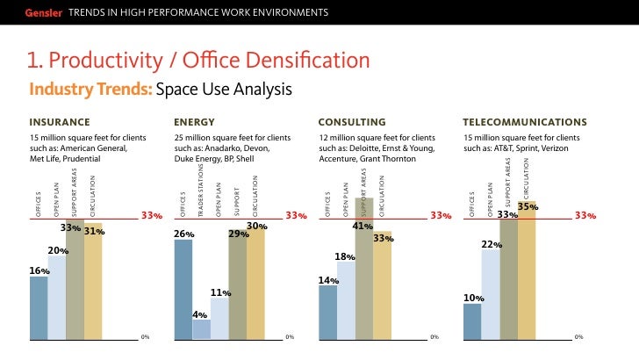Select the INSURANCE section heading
(60, 121)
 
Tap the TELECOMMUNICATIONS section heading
(525, 121)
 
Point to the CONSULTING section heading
(351, 121)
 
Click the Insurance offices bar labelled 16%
(39, 307)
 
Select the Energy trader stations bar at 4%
(201, 329)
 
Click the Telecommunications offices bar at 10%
(472, 321)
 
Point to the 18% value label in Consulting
(345, 256)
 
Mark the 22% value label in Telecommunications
(492, 244)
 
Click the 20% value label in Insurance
(58, 250)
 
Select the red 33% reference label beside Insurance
(152, 215)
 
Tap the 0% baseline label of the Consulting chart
(434, 336)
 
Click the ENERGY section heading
(195, 121)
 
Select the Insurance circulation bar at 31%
(93, 285)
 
